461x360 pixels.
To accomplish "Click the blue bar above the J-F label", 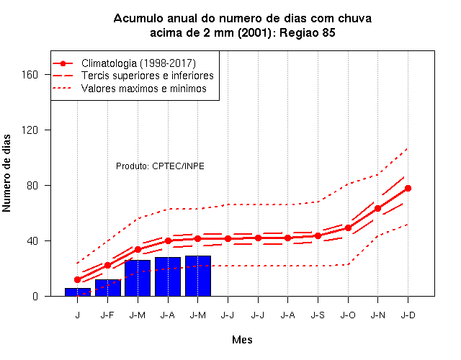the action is pos(108,288).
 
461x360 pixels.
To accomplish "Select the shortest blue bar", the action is pos(78,292).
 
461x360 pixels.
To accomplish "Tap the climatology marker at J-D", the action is pos(408,189).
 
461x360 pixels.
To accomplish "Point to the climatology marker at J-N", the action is pos(377,208).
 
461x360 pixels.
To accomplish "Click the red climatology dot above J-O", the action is pos(348,228).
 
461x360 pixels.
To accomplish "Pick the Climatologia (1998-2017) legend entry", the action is pos(124,63).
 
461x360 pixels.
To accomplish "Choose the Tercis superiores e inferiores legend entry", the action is pos(133,76).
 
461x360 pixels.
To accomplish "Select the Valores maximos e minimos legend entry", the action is pos(130,88).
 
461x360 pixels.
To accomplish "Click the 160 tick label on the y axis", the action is pos(30,74).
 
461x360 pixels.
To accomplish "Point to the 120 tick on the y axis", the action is pos(30,130).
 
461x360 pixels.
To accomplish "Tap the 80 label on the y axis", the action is pos(32,186).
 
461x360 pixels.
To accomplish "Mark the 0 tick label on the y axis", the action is pos(35,296).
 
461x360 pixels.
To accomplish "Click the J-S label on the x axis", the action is pos(318,315).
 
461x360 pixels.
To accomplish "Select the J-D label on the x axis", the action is pos(408,315).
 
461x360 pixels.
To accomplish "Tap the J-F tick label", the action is pos(107,315).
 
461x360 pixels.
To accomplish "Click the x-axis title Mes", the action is pos(242,340).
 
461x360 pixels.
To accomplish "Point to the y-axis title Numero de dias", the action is pos(6,173).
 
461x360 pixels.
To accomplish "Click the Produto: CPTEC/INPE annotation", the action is pos(160,166).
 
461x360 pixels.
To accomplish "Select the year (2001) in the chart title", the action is pos(254,32).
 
